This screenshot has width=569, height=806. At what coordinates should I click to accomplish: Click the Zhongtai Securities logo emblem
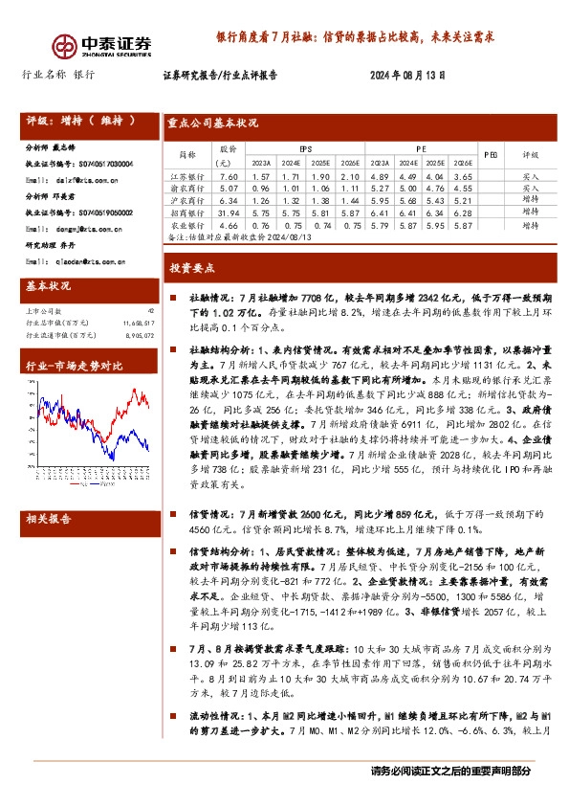(x=64, y=46)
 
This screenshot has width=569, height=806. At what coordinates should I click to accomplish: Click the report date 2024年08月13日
(x=406, y=76)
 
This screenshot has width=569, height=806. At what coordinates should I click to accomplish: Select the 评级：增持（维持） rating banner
(x=81, y=122)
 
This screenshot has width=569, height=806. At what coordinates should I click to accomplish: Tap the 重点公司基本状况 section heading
(x=212, y=123)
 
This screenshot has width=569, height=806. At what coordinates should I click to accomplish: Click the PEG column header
(x=490, y=154)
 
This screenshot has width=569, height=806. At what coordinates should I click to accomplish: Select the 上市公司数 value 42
(x=150, y=311)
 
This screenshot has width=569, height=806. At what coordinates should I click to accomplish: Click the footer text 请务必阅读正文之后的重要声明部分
(x=449, y=771)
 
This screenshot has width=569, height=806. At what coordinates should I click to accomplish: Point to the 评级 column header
(x=530, y=154)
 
